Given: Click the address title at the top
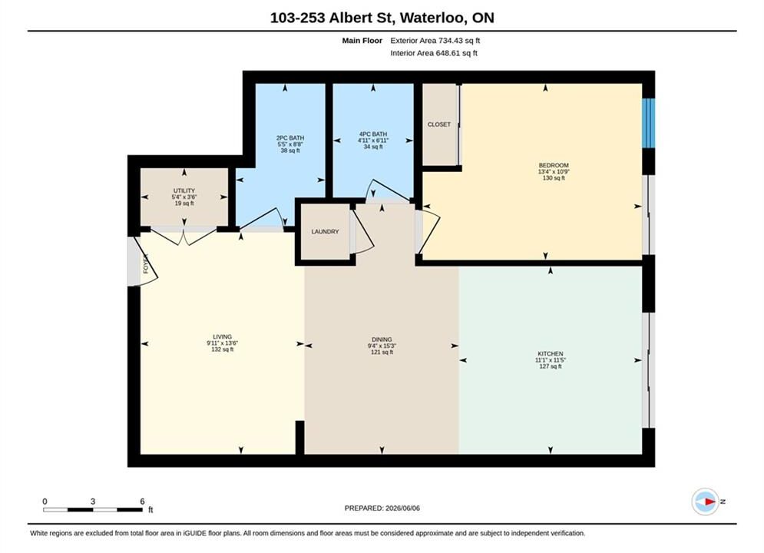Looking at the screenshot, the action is coord(382,18).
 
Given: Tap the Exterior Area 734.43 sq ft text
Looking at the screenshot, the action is coord(435,41).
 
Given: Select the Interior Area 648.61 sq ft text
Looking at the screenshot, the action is coord(434,53).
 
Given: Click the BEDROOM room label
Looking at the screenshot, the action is coord(554,165).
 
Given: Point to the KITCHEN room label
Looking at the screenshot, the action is coord(551,354).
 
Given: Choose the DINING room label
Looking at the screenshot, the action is coord(382,339).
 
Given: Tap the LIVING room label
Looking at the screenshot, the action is coord(222,336).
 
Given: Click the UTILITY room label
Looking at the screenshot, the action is coord(184,190).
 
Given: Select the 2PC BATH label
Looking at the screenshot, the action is coord(290,138).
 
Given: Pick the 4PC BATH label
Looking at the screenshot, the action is coord(373,134).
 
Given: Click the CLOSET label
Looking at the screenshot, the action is coord(439,124).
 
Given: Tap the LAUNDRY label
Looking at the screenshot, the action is coord(325,231).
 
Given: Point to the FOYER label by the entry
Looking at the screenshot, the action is coord(145,263).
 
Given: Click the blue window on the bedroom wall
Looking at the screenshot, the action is coord(649,123).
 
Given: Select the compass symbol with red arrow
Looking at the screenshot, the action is coord(706,502).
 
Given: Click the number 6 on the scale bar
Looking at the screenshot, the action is coord(142,501).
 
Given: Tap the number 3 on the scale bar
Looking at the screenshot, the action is coord(93,501).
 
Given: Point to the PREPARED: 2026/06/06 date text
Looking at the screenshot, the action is coord(382,508).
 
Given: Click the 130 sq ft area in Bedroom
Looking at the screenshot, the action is coord(554,178).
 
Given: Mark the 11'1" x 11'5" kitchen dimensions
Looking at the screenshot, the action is coord(551,360).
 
